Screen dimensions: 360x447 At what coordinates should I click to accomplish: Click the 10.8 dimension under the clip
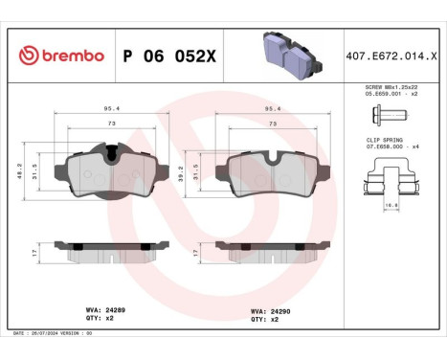click(392, 204)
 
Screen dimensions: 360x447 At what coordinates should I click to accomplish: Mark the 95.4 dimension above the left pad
click(112, 109)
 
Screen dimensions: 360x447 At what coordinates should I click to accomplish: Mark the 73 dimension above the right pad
click(275, 124)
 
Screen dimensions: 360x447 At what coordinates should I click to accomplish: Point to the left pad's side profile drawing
click(112, 253)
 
